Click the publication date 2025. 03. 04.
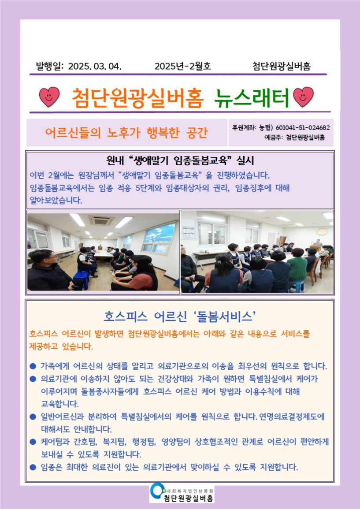(x=95, y=67)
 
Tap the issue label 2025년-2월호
(x=183, y=67)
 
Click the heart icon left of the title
(x=49, y=97)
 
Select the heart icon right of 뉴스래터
(x=303, y=97)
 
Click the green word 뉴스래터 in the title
(x=252, y=97)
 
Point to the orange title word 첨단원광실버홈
(x=137, y=97)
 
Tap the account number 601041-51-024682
(x=303, y=128)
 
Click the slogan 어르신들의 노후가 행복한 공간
(x=126, y=133)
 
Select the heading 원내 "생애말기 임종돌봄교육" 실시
(x=180, y=160)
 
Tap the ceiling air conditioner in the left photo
(x=102, y=220)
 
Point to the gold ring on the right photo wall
(x=322, y=231)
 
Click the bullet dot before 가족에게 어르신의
(x=33, y=366)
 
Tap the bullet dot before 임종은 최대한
(x=33, y=467)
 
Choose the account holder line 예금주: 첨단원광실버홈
(x=295, y=137)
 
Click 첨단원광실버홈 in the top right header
(x=282, y=67)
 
